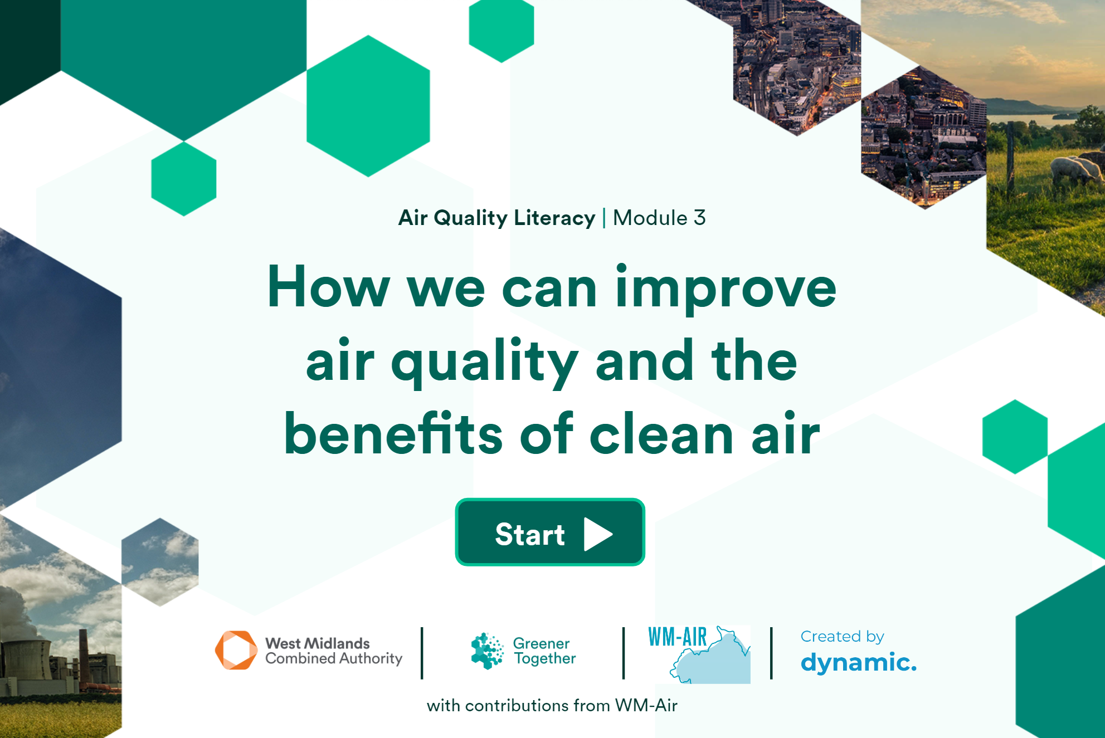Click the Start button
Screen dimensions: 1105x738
550,532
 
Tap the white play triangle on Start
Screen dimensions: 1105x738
598,534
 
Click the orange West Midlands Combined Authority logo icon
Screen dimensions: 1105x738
236,650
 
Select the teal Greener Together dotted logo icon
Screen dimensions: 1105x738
487,651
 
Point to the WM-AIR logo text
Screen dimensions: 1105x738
678,637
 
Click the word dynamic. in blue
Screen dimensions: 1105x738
858,662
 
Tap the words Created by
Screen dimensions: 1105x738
842,637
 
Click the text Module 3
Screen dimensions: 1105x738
659,218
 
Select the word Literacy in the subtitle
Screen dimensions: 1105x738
554,218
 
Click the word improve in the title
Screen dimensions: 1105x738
726,289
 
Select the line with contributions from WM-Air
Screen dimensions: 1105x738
552,706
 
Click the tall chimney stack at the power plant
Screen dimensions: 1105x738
84,657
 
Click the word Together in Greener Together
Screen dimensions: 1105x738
544,659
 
